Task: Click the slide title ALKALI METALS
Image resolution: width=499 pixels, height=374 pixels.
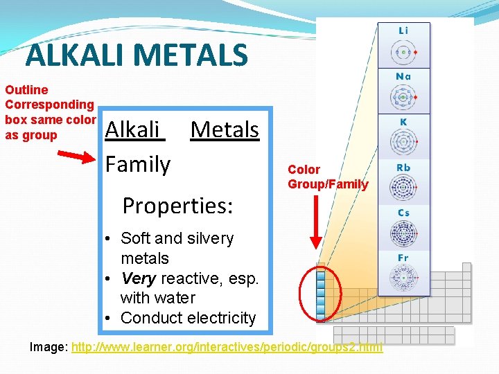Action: (x=136, y=55)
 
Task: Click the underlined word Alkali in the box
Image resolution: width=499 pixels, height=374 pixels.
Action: (x=134, y=130)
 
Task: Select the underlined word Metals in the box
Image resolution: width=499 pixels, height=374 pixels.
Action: (x=225, y=130)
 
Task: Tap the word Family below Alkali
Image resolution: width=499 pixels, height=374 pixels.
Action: (x=137, y=164)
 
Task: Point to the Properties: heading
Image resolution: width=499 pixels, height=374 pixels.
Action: (x=177, y=206)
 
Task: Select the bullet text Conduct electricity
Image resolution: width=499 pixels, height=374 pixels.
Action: (x=188, y=319)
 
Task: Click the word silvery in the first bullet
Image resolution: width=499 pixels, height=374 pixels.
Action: (x=206, y=238)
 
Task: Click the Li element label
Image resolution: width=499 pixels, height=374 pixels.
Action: (x=403, y=30)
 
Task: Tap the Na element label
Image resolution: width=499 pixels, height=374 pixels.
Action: (x=403, y=76)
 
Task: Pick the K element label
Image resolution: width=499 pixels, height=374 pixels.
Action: (x=403, y=121)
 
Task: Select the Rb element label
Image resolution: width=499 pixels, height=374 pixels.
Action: (x=403, y=168)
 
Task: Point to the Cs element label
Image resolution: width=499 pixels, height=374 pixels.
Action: (x=403, y=213)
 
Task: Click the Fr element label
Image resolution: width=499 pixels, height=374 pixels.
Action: (x=403, y=258)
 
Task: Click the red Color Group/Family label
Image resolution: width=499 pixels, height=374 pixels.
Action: (x=327, y=177)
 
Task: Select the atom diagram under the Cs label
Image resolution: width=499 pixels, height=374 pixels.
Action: (x=402, y=233)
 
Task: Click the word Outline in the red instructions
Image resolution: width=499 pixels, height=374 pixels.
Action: (x=26, y=90)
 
